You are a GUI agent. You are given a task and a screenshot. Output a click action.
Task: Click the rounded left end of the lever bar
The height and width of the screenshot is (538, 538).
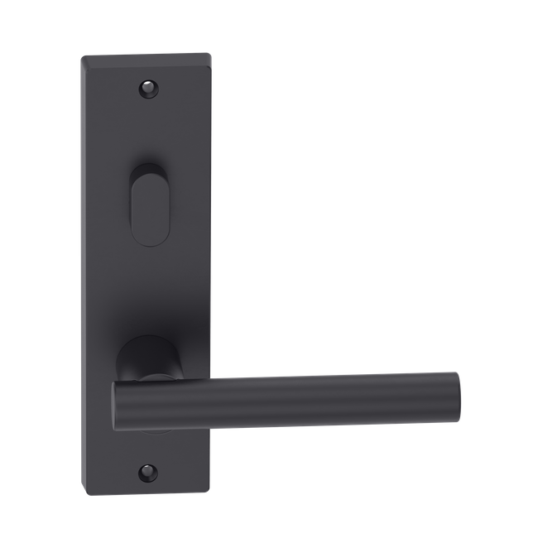(x=118, y=408)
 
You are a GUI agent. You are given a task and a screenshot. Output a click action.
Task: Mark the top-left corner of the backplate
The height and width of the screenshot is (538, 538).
(x=81, y=55)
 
